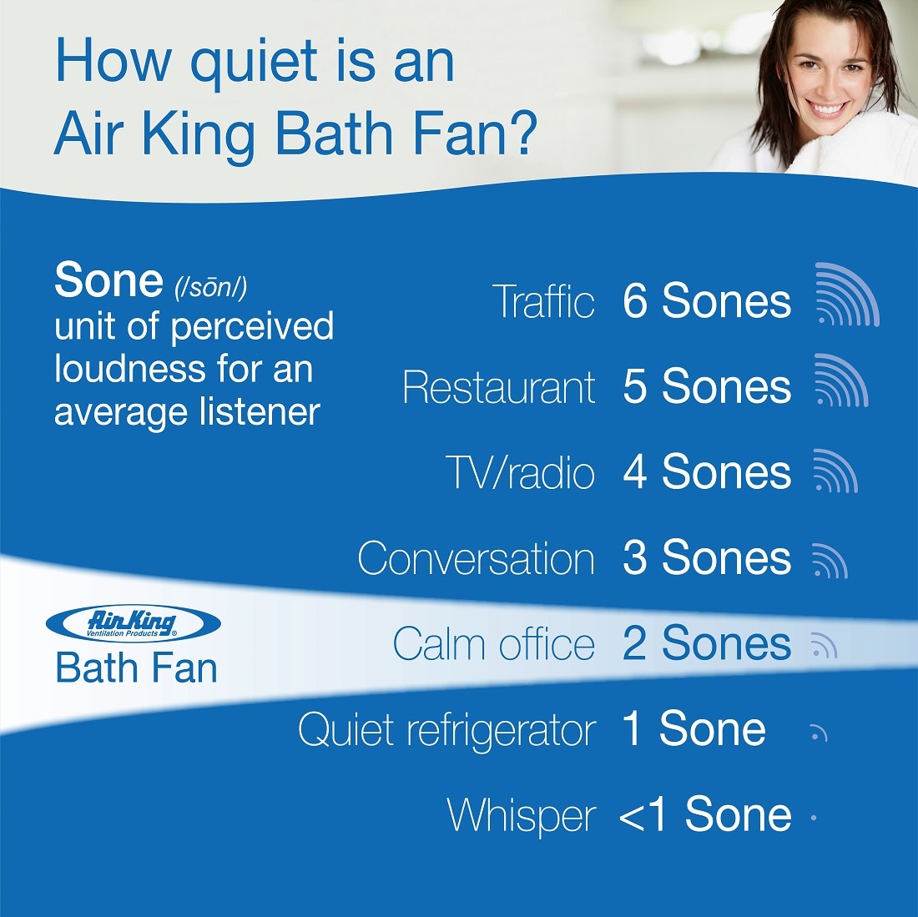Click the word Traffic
click(543, 300)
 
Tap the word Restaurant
click(499, 387)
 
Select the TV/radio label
click(520, 472)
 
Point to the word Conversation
click(476, 558)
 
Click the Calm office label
click(493, 643)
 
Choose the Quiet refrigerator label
click(446, 730)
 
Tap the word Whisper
click(521, 816)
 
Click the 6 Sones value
click(707, 300)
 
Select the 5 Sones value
click(707, 387)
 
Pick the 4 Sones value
click(707, 472)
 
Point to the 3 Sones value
click(707, 557)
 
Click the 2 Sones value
click(707, 643)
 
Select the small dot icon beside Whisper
click(814, 818)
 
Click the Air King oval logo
click(134, 623)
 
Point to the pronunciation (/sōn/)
click(211, 287)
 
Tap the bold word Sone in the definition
click(108, 280)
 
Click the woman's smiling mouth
click(827, 108)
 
